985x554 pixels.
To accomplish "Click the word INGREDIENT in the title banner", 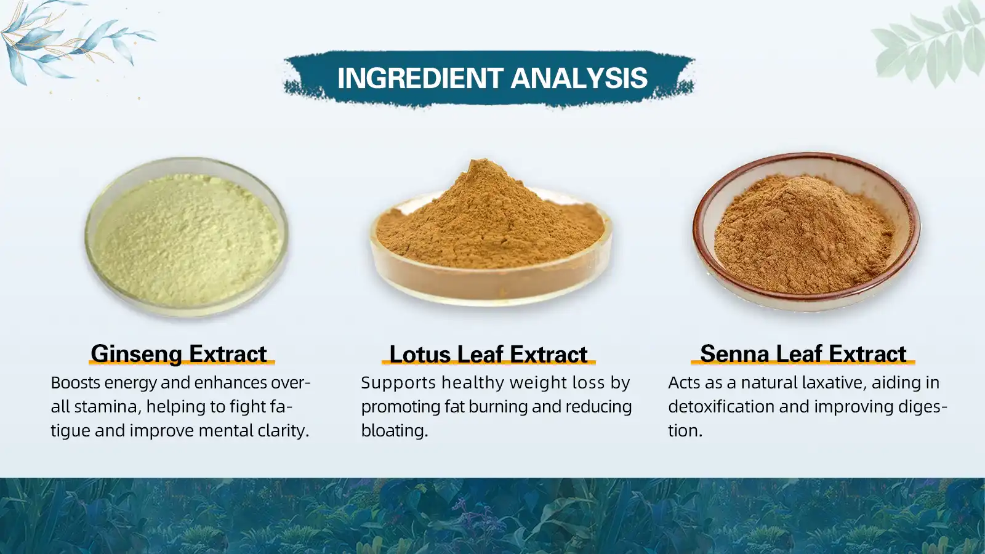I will (420, 78).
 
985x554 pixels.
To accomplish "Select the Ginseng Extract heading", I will (179, 354).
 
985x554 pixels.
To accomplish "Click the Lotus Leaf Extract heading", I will (488, 355).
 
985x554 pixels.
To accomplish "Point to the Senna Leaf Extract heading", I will (803, 354).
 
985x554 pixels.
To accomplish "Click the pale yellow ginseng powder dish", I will (187, 237).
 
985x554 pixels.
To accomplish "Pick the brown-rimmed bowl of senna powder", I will (806, 231).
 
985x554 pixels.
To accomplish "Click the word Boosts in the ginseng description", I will (75, 383).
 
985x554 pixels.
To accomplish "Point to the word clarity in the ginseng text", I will (283, 431).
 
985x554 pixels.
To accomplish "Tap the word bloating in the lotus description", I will (394, 431).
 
